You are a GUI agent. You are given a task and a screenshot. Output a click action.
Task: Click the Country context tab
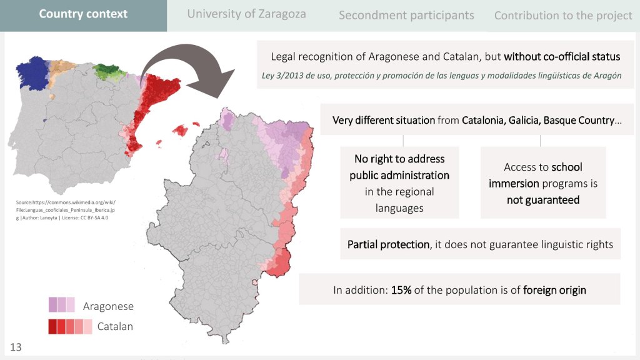(x=83, y=14)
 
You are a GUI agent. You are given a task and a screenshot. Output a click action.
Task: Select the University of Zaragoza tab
(x=246, y=14)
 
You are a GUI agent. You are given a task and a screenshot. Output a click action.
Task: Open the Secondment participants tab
(x=406, y=16)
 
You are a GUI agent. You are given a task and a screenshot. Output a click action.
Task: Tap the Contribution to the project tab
(x=563, y=16)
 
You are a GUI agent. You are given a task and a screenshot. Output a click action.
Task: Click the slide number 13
(x=16, y=347)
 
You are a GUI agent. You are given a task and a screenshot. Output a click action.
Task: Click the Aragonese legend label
(x=108, y=306)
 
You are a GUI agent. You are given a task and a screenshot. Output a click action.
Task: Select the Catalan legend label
(x=115, y=326)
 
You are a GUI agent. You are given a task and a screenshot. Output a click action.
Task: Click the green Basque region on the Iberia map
(x=108, y=71)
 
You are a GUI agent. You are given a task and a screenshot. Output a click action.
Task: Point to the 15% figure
(x=401, y=290)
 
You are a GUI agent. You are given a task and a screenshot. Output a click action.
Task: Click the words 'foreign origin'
(x=554, y=290)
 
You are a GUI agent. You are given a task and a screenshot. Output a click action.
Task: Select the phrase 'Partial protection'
(x=388, y=244)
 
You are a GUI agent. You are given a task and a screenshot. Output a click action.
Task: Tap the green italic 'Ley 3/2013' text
(x=441, y=76)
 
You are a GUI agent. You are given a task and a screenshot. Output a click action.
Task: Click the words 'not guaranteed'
(x=543, y=200)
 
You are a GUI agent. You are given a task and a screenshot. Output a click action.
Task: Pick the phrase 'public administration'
(x=399, y=175)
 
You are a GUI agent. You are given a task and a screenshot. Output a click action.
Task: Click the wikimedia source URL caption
(x=66, y=210)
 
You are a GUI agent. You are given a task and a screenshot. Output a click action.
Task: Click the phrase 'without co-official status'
(x=562, y=56)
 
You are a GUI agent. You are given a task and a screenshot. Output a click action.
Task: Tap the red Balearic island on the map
(x=180, y=131)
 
